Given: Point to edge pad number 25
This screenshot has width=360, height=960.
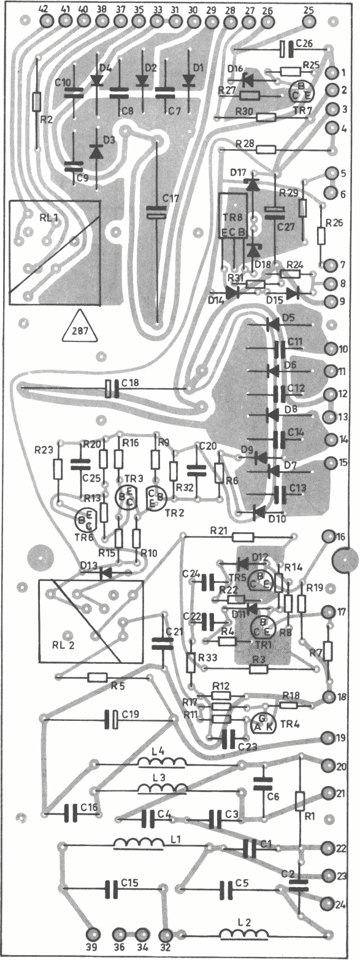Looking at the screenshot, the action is [309, 21].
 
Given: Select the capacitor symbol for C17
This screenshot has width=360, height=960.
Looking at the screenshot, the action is [156, 213].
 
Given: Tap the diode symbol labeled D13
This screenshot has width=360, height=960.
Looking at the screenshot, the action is [105, 573].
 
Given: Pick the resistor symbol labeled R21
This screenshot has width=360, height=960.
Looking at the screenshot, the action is [243, 536].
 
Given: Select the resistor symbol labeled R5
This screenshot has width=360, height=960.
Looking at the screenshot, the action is [98, 677].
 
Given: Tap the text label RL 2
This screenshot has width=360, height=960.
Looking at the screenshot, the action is [63, 645].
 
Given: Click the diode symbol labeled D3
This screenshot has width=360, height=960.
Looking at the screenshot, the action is [96, 152].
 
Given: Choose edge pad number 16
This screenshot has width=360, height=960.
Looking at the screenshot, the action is [329, 536].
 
